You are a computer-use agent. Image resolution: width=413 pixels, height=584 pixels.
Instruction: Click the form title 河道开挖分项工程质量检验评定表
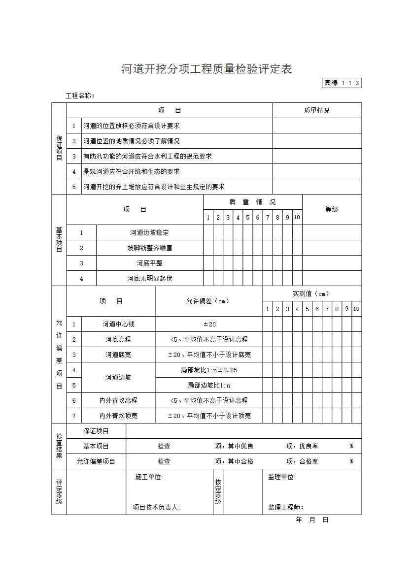pyautogui.click(x=206, y=69)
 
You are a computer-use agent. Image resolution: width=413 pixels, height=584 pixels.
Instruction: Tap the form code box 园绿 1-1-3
pyautogui.click(x=342, y=83)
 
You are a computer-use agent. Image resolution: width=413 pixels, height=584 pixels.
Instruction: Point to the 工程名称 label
pyautogui.click(x=80, y=96)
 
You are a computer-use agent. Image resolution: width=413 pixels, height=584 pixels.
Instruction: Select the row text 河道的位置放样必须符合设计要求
pyautogui.click(x=131, y=126)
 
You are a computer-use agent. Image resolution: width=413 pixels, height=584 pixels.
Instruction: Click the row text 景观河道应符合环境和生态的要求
pyautogui.click(x=131, y=172)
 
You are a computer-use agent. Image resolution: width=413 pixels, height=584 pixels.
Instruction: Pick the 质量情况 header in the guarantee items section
pyautogui.click(x=317, y=111)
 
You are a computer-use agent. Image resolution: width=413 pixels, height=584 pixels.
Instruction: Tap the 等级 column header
pyautogui.click(x=332, y=209)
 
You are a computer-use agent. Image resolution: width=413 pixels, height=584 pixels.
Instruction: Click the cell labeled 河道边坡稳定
pyautogui.click(x=149, y=233)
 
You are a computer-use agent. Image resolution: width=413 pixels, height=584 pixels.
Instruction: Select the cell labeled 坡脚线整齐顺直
pyautogui.click(x=149, y=248)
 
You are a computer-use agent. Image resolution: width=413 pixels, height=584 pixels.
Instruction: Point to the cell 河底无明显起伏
pyautogui.click(x=149, y=279)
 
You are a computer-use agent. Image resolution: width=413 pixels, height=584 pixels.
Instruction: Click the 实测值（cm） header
pyautogui.click(x=311, y=294)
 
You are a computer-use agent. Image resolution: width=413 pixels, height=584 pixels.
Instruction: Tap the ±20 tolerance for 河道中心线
pyautogui.click(x=209, y=324)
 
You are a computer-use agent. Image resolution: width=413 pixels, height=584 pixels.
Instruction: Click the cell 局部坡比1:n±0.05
pyautogui.click(x=209, y=370)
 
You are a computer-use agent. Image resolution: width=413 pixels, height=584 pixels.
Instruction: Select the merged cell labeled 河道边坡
pyautogui.click(x=118, y=378)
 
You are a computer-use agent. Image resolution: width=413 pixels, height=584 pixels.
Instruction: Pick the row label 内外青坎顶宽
pyautogui.click(x=118, y=416)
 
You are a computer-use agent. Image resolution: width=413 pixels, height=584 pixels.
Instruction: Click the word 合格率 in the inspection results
pyautogui.click(x=309, y=462)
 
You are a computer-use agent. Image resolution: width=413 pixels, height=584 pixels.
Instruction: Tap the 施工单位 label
pyautogui.click(x=149, y=477)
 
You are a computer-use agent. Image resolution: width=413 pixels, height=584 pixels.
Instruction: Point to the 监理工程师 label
pyautogui.click(x=285, y=508)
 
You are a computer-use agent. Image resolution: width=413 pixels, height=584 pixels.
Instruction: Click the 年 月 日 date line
pyautogui.click(x=311, y=520)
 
